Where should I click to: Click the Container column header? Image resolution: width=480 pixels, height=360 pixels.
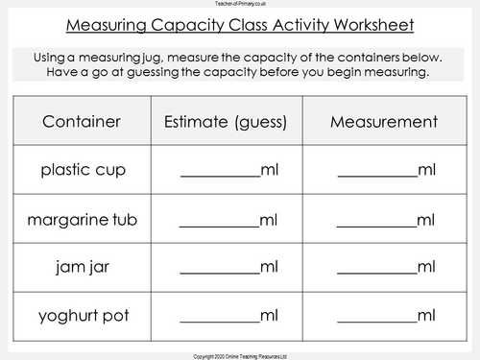coord(82,122)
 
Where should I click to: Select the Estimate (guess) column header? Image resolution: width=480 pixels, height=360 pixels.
coord(228,122)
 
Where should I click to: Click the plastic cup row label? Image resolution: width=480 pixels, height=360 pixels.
coord(82,170)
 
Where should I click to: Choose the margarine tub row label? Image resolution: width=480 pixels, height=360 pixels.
coord(82,218)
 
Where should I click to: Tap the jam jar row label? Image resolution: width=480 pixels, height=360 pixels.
coord(82,265)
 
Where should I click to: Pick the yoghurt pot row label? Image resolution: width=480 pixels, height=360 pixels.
coord(82,313)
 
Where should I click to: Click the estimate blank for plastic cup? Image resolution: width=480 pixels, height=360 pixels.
coord(220,173)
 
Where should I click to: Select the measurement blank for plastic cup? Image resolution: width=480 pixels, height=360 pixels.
coord(377,173)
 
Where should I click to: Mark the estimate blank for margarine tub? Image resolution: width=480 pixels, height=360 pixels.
coord(220,221)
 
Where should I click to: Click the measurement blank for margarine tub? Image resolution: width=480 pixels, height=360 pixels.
coord(377,221)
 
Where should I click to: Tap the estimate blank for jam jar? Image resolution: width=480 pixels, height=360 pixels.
coord(220,268)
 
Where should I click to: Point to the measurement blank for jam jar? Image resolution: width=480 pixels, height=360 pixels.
coord(377,268)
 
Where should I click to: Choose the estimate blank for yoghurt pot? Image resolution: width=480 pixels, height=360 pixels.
coord(220,316)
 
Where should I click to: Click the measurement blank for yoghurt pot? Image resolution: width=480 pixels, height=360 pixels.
coord(377,316)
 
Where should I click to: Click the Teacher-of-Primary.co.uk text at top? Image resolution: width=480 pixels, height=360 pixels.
coord(240,5)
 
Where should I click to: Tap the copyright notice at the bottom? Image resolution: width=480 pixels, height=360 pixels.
coord(240,354)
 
